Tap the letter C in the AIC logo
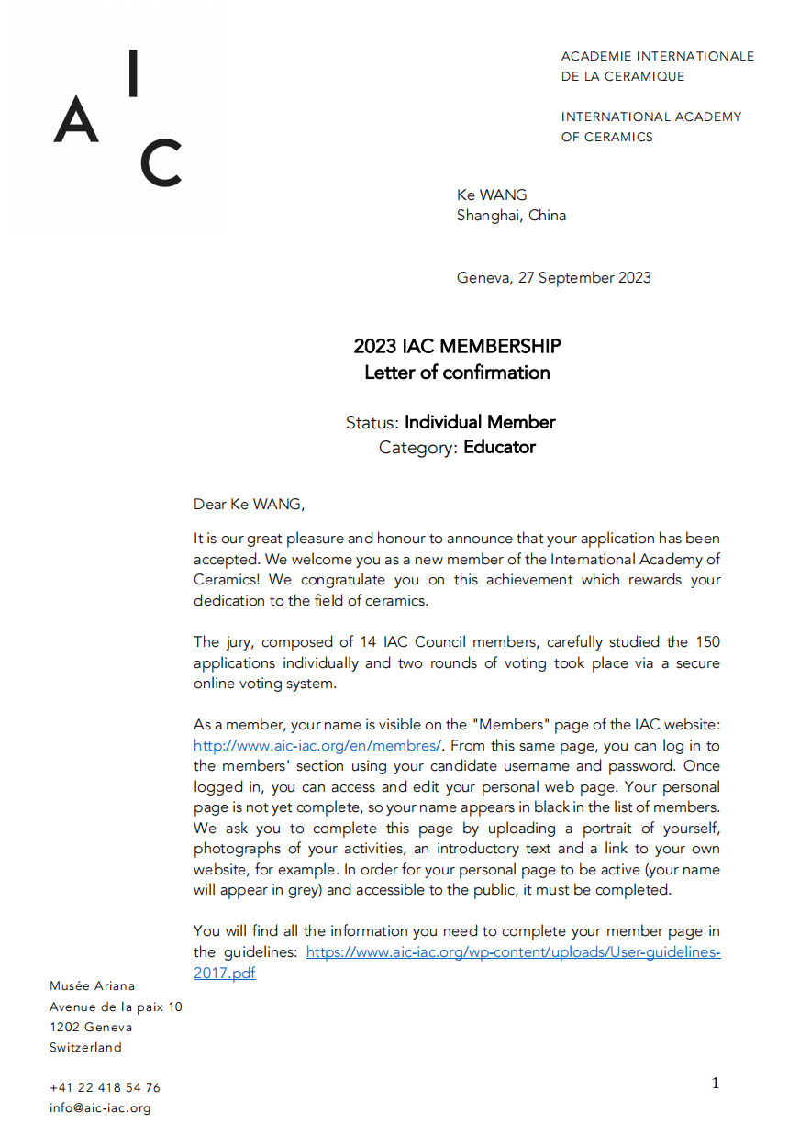(x=161, y=163)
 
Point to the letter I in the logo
(x=134, y=73)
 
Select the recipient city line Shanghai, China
(x=511, y=216)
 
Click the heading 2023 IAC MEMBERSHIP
(x=457, y=347)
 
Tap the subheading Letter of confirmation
(x=457, y=373)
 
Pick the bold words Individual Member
(x=480, y=422)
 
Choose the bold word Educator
(x=499, y=448)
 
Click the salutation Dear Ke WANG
(x=248, y=504)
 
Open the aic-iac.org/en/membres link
(x=318, y=746)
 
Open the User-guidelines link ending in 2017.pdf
(x=513, y=952)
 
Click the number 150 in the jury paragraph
(x=707, y=641)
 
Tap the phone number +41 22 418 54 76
(x=105, y=1087)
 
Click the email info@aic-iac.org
(x=100, y=1107)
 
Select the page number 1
(x=716, y=1084)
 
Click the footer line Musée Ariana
(x=92, y=986)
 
